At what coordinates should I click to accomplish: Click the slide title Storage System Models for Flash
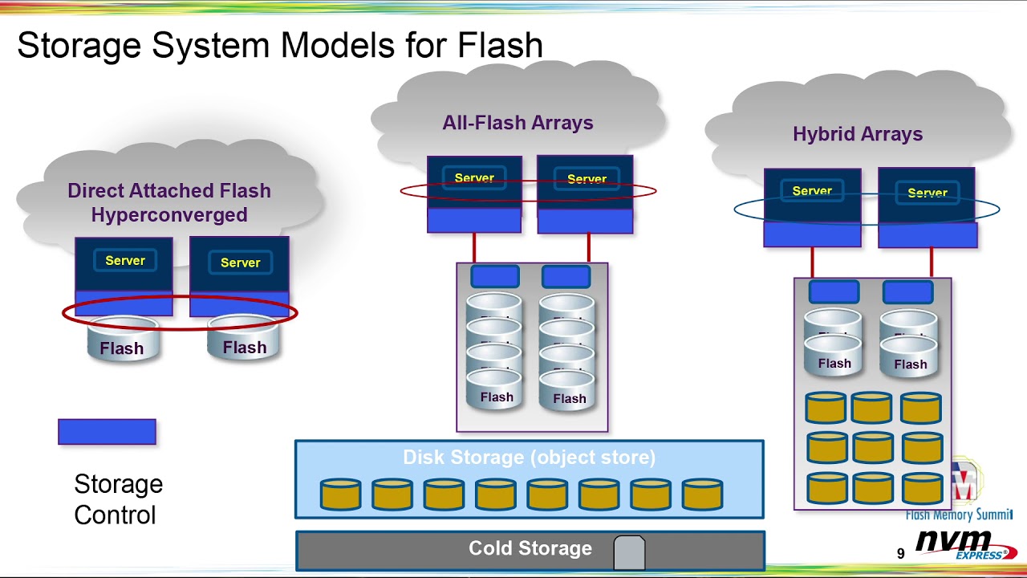(x=280, y=45)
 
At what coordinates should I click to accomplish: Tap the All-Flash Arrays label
(x=518, y=123)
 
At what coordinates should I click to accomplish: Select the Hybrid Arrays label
(x=857, y=134)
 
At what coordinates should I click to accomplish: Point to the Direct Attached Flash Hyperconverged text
(x=169, y=202)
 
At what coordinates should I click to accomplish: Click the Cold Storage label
(x=530, y=549)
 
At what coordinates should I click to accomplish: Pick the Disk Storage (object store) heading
(x=529, y=458)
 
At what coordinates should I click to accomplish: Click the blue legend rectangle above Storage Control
(x=107, y=432)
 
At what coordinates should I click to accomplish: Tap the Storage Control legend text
(x=118, y=499)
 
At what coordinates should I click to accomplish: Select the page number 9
(x=900, y=554)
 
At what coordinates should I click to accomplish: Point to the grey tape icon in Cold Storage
(x=629, y=552)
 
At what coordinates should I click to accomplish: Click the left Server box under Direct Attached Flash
(x=124, y=261)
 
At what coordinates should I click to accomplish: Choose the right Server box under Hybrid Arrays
(x=927, y=193)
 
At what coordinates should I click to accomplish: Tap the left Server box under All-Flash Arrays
(x=474, y=178)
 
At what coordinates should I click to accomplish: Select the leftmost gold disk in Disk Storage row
(x=340, y=495)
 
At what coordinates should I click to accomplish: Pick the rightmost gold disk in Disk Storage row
(x=702, y=495)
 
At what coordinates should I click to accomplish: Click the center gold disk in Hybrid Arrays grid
(x=872, y=447)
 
